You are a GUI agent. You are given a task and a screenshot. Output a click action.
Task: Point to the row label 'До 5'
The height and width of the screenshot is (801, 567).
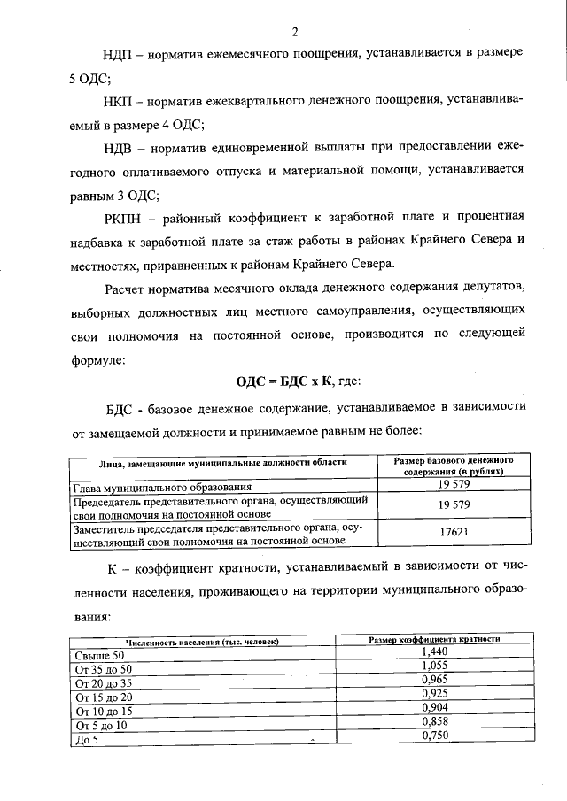86,740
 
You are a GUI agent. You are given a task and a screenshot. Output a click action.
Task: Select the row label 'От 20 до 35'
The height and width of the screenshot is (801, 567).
105,683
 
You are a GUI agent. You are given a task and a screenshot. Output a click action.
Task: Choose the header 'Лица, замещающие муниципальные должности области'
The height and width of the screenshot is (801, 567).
221,462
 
